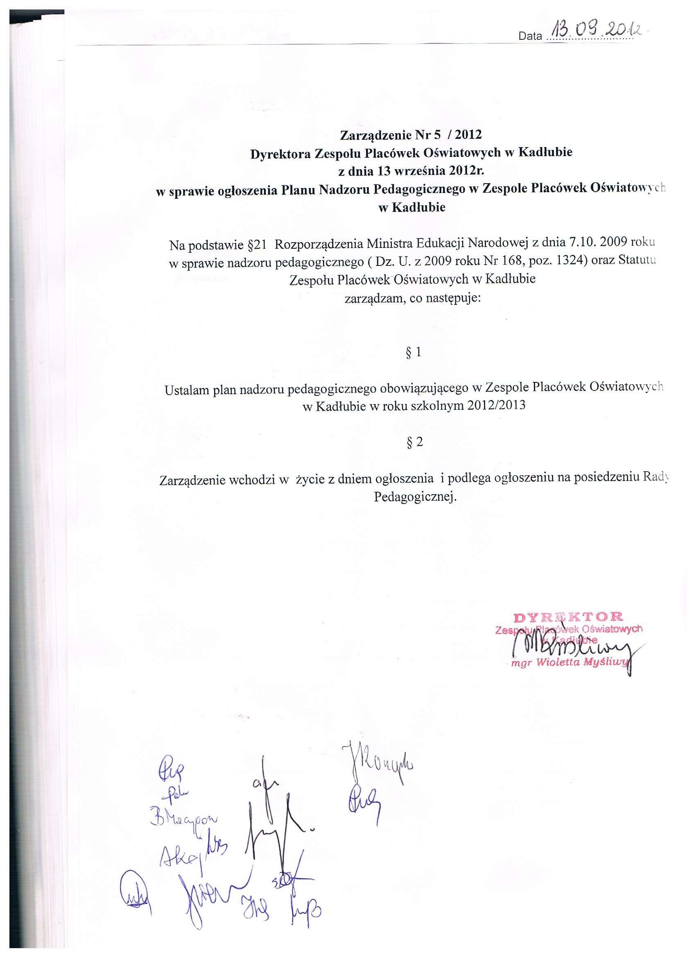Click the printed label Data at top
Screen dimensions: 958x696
[x=530, y=36]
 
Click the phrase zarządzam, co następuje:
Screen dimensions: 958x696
[x=412, y=299]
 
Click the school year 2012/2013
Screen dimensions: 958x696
[x=495, y=406]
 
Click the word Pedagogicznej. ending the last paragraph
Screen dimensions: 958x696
[x=415, y=497]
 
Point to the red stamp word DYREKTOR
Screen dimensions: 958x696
[x=568, y=617]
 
